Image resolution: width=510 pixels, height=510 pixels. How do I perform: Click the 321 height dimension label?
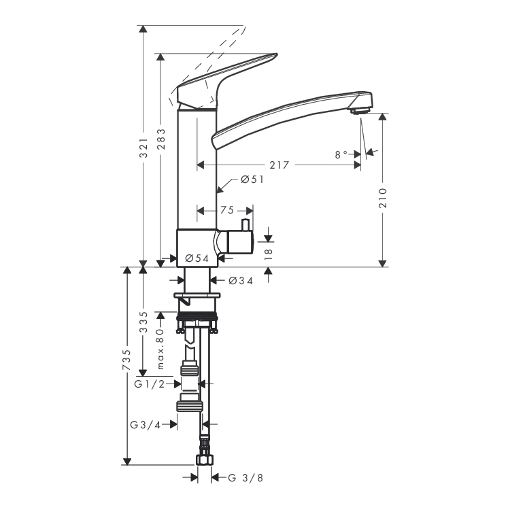click(x=143, y=148)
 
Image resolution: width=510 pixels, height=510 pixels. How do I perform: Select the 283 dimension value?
click(x=161, y=139)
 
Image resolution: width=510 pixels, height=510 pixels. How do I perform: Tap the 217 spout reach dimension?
click(x=279, y=165)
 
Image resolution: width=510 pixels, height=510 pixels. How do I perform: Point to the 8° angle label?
click(x=341, y=154)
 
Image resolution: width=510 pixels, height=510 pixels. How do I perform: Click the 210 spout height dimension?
click(x=383, y=198)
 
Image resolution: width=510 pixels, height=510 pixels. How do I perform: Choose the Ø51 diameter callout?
click(x=252, y=180)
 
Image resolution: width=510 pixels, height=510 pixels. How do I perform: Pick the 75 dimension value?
click(x=227, y=210)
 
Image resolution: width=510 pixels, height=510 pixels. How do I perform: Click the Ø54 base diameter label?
click(x=197, y=258)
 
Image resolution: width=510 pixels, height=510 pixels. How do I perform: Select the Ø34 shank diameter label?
click(x=241, y=281)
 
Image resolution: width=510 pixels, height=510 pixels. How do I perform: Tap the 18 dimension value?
click(x=269, y=254)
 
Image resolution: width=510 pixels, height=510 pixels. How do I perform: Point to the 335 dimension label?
click(x=143, y=322)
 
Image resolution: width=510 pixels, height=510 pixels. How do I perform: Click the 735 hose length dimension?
click(x=126, y=360)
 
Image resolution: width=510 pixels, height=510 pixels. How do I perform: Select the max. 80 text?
click(x=160, y=349)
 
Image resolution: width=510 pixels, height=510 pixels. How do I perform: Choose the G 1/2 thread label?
click(x=150, y=384)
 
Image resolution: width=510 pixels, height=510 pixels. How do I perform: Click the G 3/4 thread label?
click(x=146, y=425)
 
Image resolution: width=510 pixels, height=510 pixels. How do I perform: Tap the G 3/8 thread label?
click(x=245, y=478)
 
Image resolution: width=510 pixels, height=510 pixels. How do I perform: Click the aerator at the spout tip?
click(x=360, y=111)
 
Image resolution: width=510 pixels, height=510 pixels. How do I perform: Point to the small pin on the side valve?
click(x=245, y=225)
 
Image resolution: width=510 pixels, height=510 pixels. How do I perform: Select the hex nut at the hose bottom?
click(x=205, y=460)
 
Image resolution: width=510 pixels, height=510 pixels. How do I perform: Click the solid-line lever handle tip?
click(x=276, y=55)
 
